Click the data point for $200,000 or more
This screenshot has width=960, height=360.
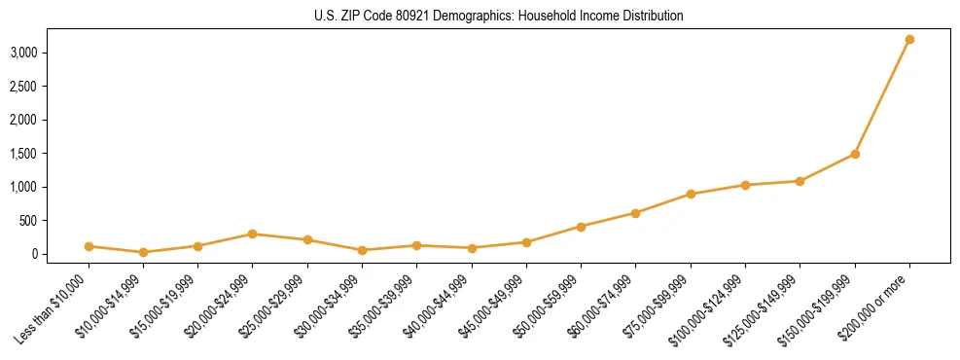click(909, 39)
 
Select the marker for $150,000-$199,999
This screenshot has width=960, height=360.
click(855, 154)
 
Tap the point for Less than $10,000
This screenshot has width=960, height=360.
click(89, 246)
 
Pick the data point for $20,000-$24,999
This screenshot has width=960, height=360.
click(253, 234)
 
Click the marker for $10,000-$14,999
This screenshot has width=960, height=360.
click(143, 252)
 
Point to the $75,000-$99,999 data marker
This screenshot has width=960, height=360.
click(691, 194)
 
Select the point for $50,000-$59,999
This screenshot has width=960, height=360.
click(581, 227)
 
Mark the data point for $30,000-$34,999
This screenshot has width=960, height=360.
click(362, 250)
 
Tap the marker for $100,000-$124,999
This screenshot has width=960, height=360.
click(745, 185)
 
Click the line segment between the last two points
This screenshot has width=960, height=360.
click(882, 96)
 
